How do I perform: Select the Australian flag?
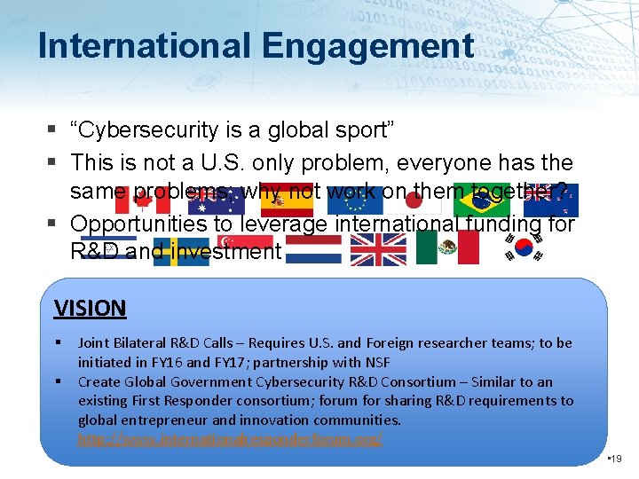point(216,200)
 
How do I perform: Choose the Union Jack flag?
point(378,248)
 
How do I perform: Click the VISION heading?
point(90,309)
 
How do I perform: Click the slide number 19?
point(617,458)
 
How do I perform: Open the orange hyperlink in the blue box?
point(230,439)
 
